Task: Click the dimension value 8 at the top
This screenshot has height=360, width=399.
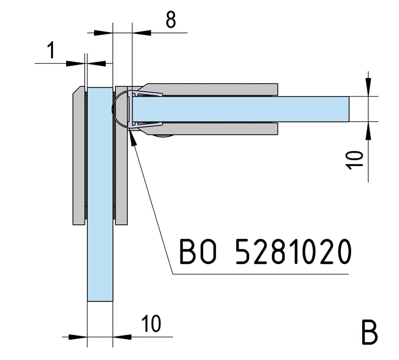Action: [x=171, y=20]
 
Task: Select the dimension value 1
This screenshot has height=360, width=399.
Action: [x=51, y=50]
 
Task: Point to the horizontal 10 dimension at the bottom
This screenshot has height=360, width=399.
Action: [x=151, y=324]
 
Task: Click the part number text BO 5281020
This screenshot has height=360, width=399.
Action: [x=265, y=252]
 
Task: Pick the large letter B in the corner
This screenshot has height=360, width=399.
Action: [x=369, y=332]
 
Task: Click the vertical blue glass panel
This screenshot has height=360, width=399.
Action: [x=100, y=194]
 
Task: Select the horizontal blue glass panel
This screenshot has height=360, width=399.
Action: [x=241, y=109]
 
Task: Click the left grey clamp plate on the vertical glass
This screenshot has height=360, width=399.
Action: [x=79, y=155]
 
